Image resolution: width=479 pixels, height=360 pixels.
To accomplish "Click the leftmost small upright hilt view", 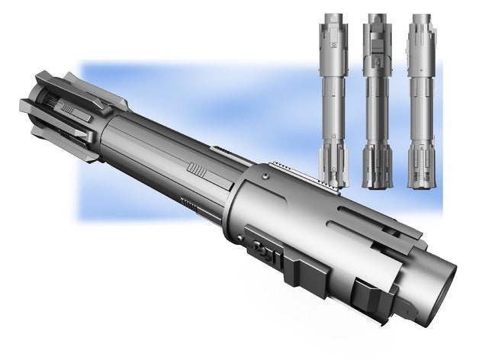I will click(x=333, y=99).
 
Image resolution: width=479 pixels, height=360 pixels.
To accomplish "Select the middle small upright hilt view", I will click(x=376, y=99).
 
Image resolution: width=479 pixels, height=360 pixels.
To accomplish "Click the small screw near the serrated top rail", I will click(x=265, y=177).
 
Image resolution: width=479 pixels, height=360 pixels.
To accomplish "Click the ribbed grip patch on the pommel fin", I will click(x=68, y=108).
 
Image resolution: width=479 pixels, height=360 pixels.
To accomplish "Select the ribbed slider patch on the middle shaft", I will click(x=197, y=170).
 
